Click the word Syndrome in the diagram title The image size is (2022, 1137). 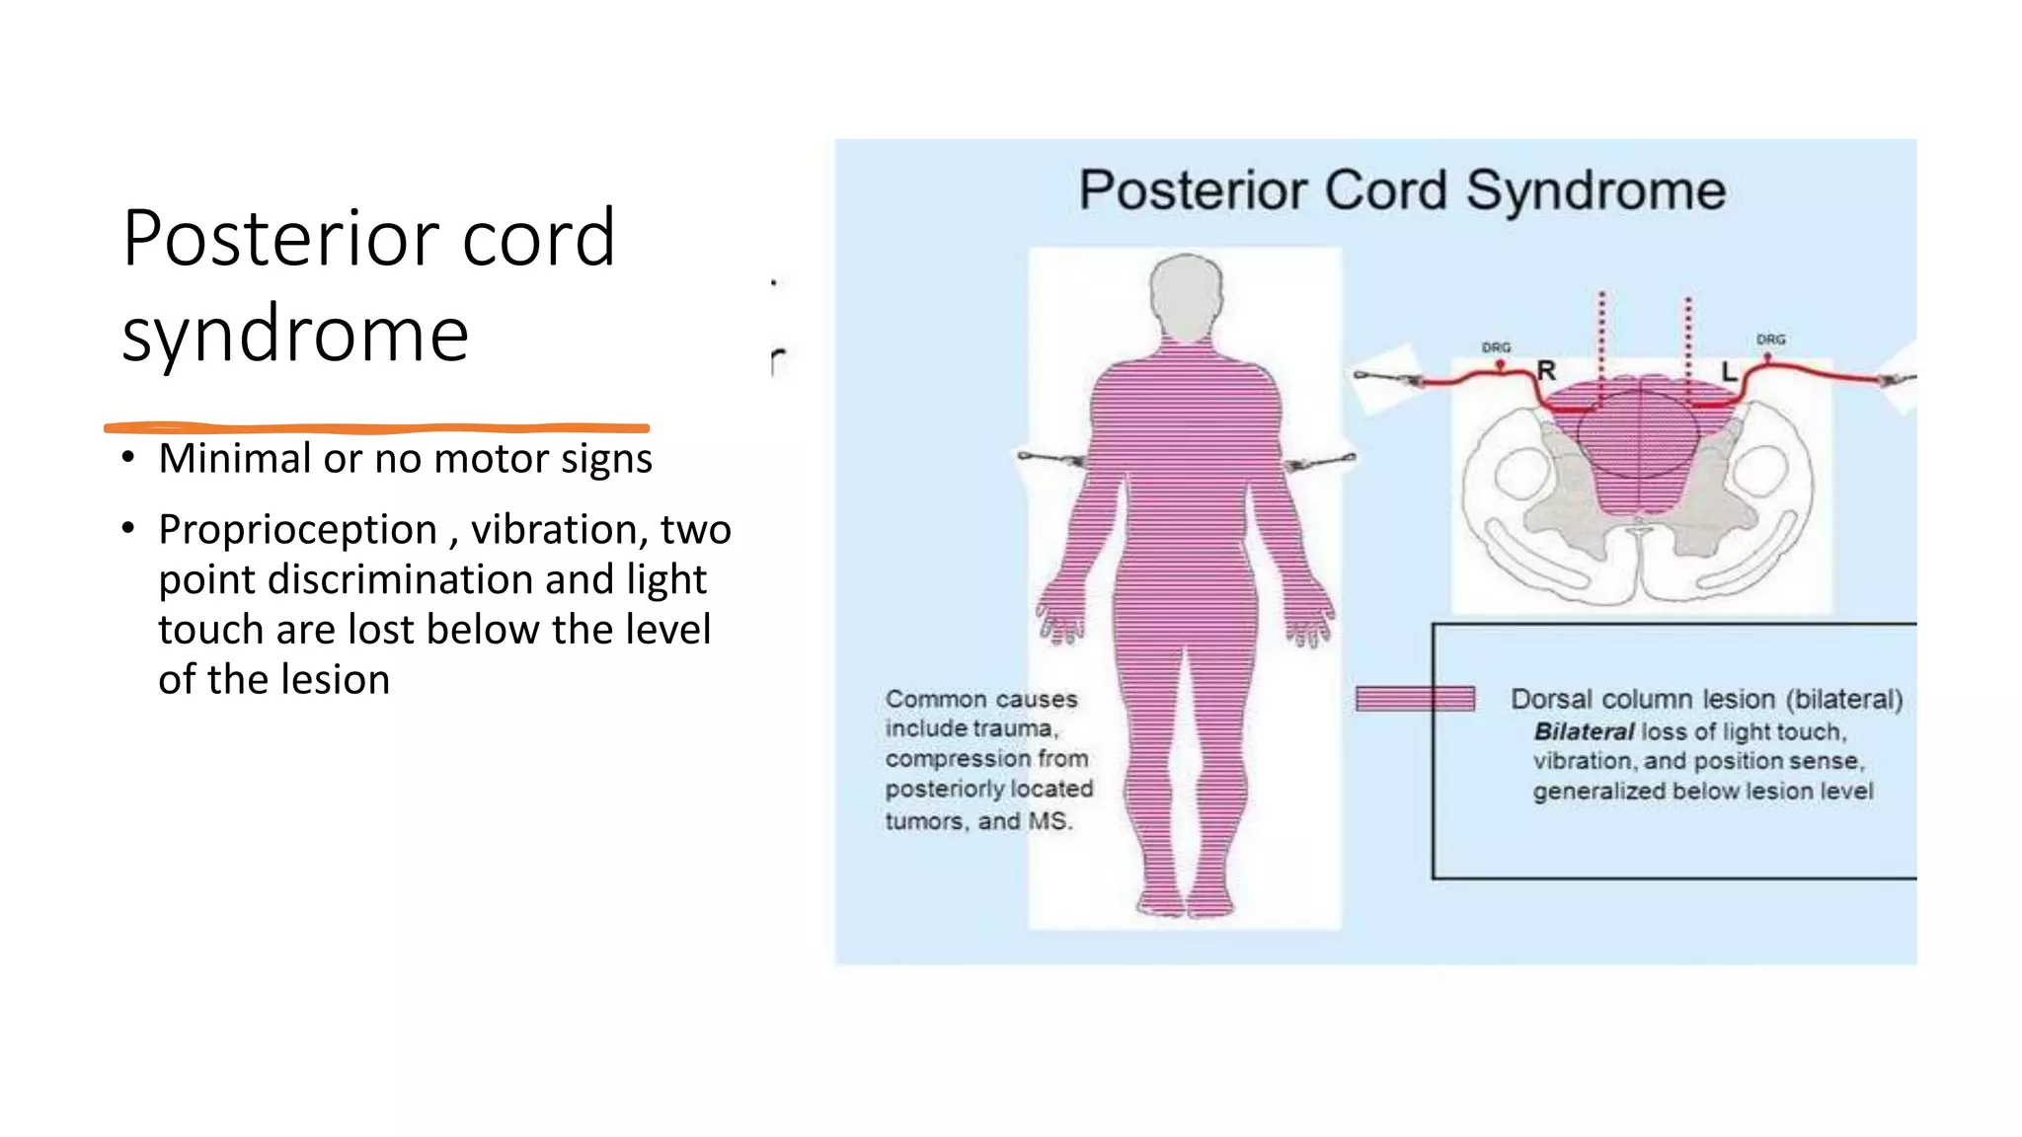coord(1595,190)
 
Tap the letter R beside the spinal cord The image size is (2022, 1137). coord(1546,371)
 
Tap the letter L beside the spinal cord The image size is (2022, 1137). coord(1729,372)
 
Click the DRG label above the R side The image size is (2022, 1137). coord(1496,347)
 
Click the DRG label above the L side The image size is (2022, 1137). coord(1770,340)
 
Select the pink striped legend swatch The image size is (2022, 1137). coord(1415,699)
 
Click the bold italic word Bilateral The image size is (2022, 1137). coord(1584,731)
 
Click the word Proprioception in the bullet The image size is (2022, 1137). coord(297,530)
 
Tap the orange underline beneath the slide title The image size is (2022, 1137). coord(375,427)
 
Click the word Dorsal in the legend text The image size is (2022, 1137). coord(1550,699)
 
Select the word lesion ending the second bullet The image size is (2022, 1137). coord(335,680)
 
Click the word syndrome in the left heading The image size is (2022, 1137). coord(295,335)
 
